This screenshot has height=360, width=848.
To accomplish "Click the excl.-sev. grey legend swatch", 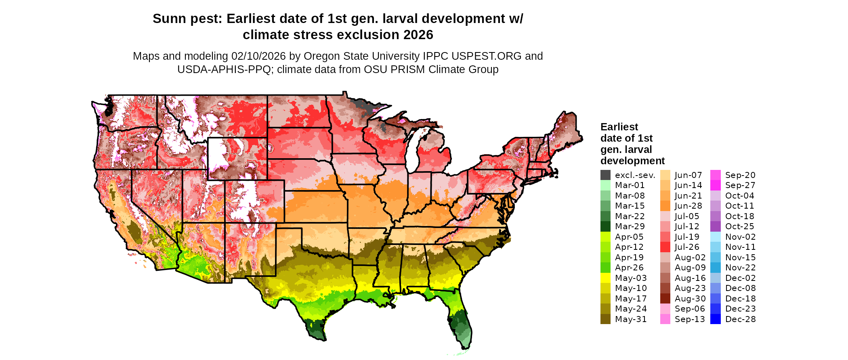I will pos(605,175).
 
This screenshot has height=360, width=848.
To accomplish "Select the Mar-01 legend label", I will pos(630,185).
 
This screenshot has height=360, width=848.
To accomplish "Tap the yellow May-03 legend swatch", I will pos(605,278).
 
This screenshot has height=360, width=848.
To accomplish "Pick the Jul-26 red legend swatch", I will pos(665,247).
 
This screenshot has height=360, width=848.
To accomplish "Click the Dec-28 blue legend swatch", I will pos(715,319).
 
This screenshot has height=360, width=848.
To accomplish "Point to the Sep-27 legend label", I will pos(740,185).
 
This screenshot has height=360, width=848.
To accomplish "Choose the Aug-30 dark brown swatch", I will pos(665,299).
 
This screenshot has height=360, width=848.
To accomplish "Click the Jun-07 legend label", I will pos(688,175).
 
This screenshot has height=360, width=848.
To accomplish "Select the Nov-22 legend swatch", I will pos(715,268).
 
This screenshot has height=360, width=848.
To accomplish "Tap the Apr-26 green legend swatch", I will pos(605,268).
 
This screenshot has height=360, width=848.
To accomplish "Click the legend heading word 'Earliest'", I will pos(619,127).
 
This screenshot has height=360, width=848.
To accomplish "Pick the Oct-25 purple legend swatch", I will pos(715,226).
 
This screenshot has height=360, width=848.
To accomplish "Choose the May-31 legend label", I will pos(631,319).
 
